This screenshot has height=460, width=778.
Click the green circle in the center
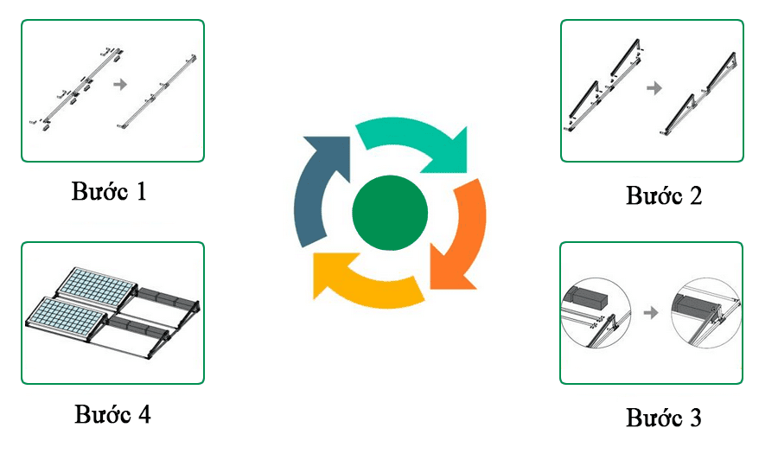pyautogui.click(x=390, y=213)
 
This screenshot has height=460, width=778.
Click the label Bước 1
pyautogui.click(x=109, y=192)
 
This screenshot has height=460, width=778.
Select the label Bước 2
pyautogui.click(x=664, y=195)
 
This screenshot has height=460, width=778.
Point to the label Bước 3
pyautogui.click(x=664, y=418)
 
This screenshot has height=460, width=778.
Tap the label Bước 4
pyautogui.click(x=112, y=414)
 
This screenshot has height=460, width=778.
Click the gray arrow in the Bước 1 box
pyautogui.click(x=120, y=85)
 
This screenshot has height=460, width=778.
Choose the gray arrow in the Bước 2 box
pyautogui.click(x=654, y=88)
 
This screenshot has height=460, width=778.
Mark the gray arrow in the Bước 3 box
pyautogui.click(x=650, y=313)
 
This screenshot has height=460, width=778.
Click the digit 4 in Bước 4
pyautogui.click(x=143, y=414)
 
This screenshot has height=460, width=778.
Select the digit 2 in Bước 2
pyautogui.click(x=696, y=195)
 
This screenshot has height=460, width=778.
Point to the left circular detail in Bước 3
pyautogui.click(x=596, y=313)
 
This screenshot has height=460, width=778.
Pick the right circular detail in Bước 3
pyautogui.click(x=705, y=313)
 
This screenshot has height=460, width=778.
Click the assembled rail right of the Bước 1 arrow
pyautogui.click(x=158, y=92)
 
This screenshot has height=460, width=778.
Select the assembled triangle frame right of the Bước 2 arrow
pyautogui.click(x=698, y=93)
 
